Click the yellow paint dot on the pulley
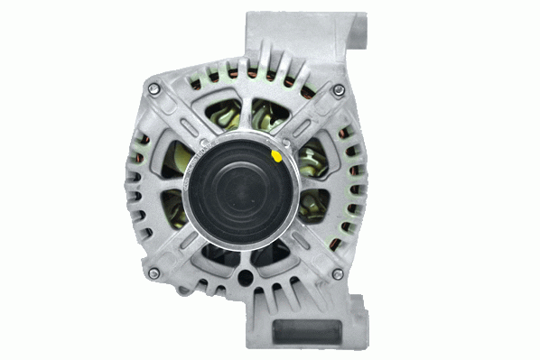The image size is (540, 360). point(276,155)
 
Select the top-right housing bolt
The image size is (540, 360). point(338,89)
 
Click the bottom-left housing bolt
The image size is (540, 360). point(153,272)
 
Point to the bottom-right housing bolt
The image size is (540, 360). point(338,272)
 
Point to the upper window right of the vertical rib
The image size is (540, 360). point(265,113)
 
